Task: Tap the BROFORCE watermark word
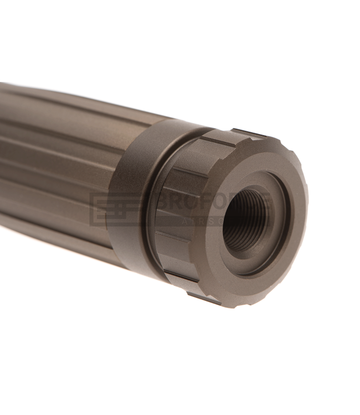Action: tap(213, 203)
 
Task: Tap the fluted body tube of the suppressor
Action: tap(55, 166)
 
